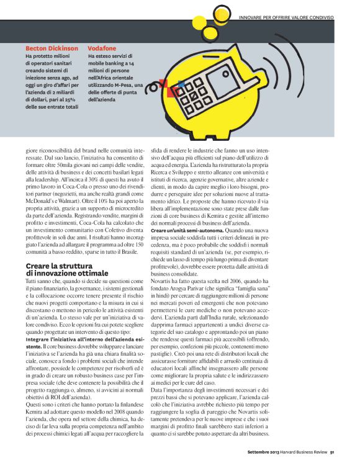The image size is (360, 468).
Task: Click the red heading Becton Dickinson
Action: [52, 48]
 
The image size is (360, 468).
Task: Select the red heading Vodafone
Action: [102, 48]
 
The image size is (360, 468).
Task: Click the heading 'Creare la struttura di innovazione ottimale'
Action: [67, 269]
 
